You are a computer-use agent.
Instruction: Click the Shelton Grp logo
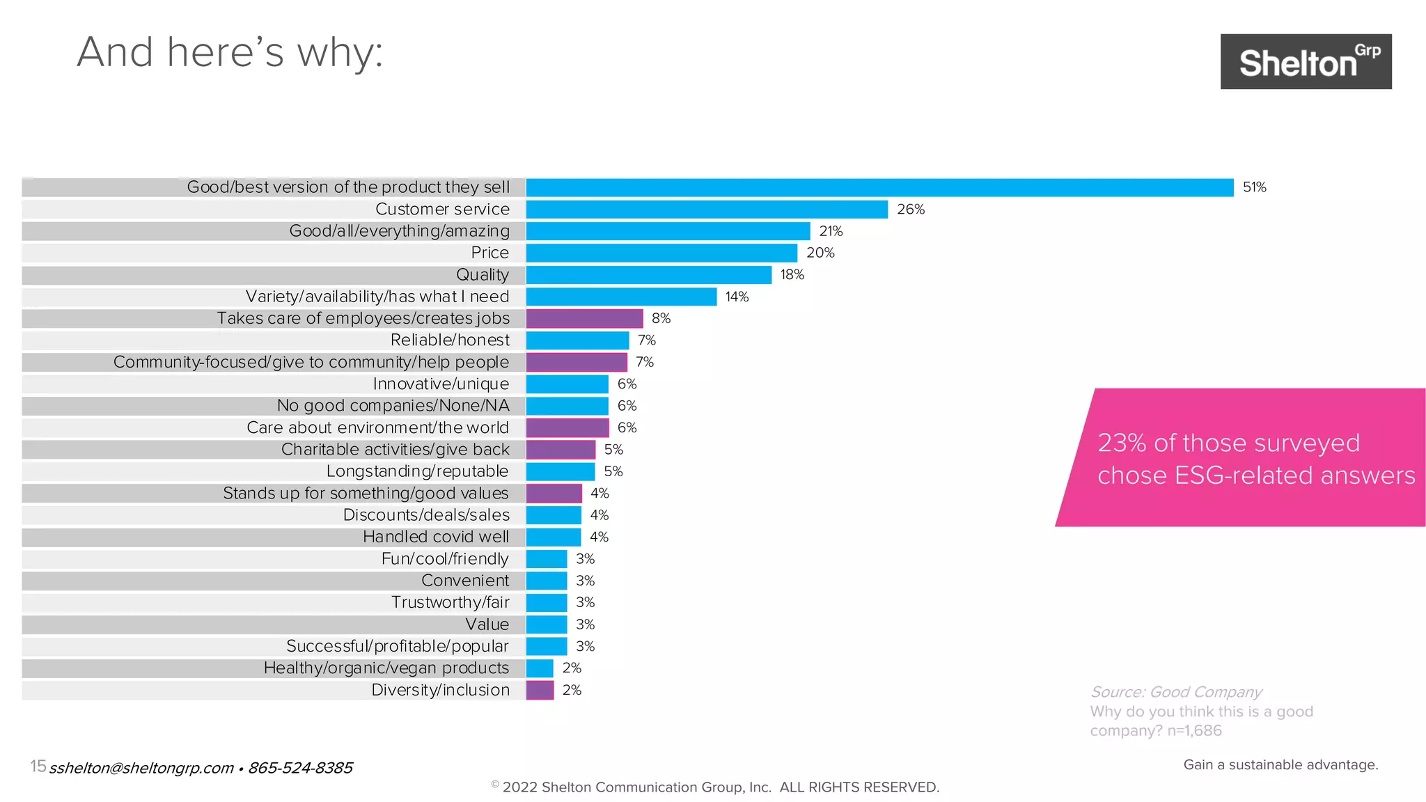coord(1306,61)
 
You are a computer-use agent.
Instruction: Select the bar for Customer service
coord(706,210)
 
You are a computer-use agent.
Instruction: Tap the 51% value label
coord(1254,187)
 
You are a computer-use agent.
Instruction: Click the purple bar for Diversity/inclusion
coord(540,690)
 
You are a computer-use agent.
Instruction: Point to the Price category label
coord(489,253)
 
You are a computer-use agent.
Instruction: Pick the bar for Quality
coord(648,275)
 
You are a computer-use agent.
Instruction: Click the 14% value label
coord(737,297)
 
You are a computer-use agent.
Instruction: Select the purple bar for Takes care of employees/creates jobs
coord(584,318)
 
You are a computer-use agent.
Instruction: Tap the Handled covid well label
coord(436,537)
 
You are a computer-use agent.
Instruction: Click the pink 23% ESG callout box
coord(1246,458)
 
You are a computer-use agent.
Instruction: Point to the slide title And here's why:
coord(230,52)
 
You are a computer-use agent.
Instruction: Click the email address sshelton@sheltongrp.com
coord(141,768)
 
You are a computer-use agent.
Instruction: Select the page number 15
coord(38,766)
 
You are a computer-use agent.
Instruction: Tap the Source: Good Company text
coord(1175,692)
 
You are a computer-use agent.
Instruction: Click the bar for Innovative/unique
coord(567,384)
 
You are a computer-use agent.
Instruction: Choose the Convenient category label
coord(465,581)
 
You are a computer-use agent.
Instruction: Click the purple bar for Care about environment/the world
coord(567,427)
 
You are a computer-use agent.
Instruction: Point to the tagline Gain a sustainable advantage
coord(1280,764)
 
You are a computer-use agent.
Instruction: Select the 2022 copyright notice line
coord(715,787)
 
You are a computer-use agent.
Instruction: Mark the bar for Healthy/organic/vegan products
coord(540,668)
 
